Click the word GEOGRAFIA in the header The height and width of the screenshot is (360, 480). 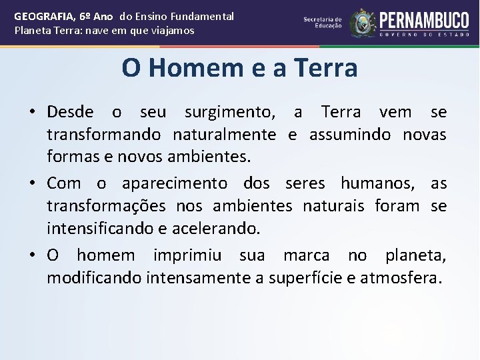(x=41, y=16)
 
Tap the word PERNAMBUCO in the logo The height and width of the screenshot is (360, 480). (x=424, y=18)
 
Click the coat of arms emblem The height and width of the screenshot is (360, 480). (x=363, y=23)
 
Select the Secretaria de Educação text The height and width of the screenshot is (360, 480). (x=323, y=23)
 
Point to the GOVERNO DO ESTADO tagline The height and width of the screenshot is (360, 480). (x=424, y=33)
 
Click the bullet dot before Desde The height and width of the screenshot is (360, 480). (x=32, y=112)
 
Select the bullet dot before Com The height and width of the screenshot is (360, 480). (x=32, y=183)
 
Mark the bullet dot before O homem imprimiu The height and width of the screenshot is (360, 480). (x=32, y=255)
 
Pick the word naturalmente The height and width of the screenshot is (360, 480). (x=224, y=135)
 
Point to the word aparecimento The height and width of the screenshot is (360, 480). (x=175, y=183)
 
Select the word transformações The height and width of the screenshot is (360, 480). (x=100, y=206)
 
